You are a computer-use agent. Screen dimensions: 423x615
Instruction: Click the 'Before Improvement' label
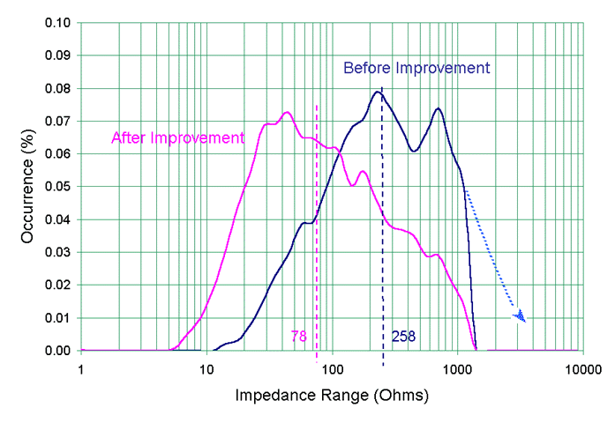pos(416,68)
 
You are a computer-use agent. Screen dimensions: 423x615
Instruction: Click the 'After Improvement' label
pos(176,137)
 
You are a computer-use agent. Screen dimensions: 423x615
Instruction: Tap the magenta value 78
pos(298,336)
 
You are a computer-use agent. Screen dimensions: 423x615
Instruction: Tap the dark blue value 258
pos(403,336)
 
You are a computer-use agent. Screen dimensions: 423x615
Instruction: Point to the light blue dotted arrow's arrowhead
pos(521,315)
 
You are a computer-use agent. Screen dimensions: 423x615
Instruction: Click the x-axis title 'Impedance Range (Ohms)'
pos(332,396)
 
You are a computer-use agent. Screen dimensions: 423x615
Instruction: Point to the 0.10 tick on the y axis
pos(57,22)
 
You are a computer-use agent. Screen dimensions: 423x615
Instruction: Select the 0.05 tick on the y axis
pos(57,187)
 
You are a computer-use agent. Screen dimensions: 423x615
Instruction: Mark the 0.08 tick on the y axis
pos(57,88)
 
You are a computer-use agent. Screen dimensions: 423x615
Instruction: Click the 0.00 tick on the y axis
pos(57,351)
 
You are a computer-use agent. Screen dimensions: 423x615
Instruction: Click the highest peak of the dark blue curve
pos(378,92)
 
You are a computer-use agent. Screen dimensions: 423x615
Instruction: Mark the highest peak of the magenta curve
pos(287,113)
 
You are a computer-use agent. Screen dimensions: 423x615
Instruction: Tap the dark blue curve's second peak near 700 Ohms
pos(438,108)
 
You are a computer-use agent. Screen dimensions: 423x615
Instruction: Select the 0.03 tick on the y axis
pos(57,252)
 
